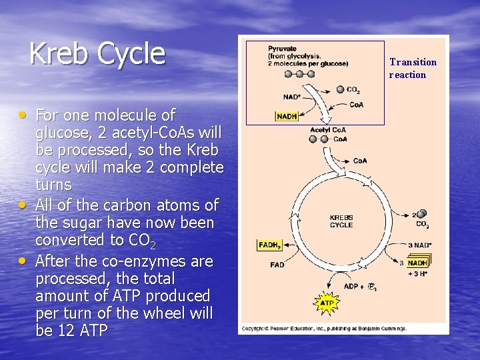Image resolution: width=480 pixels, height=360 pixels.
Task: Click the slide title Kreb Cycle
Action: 97,53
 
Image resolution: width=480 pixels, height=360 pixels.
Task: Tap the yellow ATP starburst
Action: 327,303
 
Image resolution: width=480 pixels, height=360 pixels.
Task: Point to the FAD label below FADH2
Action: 277,265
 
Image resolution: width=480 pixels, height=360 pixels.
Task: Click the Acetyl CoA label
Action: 327,129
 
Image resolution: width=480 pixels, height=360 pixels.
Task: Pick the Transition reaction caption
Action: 413,68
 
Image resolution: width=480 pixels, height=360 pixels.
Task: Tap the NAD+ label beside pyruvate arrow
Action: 292,97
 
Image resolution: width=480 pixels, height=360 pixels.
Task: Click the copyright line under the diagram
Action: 323,328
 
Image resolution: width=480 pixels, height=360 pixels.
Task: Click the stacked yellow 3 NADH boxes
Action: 418,262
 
